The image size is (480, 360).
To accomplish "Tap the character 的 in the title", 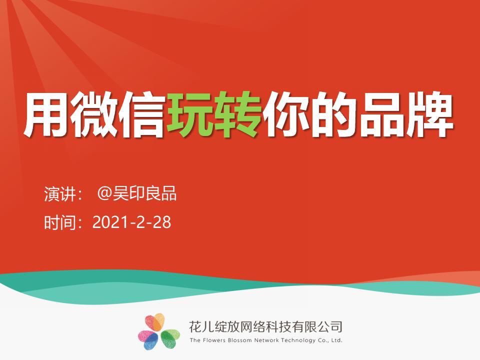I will pyautogui.click(x=333, y=115).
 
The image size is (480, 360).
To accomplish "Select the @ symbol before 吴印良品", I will pyautogui.click(x=104, y=194).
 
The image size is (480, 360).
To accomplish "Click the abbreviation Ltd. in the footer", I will pyautogui.click(x=336, y=340).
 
